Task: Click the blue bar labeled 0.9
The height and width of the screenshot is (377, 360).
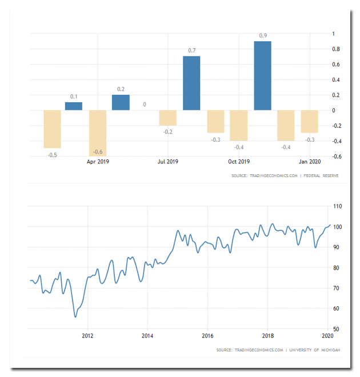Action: (x=262, y=75)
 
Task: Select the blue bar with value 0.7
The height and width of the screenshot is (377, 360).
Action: (x=191, y=83)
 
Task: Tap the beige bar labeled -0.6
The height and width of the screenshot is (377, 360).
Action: (x=98, y=133)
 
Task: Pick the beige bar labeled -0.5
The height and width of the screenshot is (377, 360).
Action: (x=51, y=129)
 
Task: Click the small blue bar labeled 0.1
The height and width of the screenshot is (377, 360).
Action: (x=74, y=106)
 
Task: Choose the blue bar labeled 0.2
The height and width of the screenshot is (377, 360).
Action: (x=121, y=102)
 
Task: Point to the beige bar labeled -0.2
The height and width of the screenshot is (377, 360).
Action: (x=168, y=118)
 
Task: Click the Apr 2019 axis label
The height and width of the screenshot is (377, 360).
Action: (x=98, y=162)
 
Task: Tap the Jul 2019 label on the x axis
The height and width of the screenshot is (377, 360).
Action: (x=168, y=162)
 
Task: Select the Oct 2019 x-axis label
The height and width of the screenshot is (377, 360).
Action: (x=239, y=162)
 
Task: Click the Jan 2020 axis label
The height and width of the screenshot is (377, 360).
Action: (x=310, y=162)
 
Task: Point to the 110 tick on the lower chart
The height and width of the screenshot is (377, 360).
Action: (x=337, y=206)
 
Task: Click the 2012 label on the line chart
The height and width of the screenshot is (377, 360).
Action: (x=87, y=336)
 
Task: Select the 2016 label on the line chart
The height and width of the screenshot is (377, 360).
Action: (x=207, y=336)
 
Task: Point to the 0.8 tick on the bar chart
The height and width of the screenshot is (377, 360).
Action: (x=337, y=49)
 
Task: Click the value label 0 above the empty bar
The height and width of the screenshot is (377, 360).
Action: (x=145, y=105)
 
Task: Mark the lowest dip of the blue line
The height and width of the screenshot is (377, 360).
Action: (x=75, y=316)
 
